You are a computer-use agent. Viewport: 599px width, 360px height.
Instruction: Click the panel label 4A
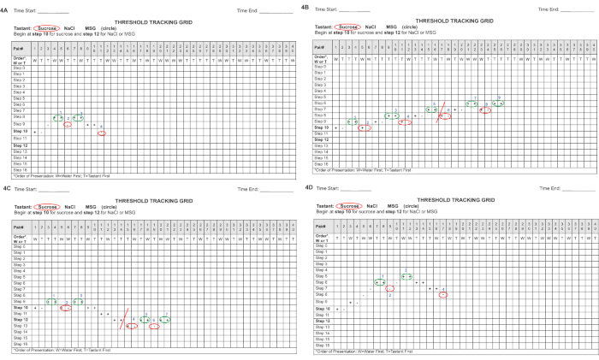pos(6,9)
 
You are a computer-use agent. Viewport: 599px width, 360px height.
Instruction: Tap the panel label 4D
pos(308,186)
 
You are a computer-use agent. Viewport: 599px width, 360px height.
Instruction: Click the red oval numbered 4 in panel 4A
pos(103,133)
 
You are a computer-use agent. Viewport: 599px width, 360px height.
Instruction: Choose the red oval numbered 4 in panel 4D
pos(443,295)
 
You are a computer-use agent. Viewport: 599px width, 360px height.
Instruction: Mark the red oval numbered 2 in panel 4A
pos(68,125)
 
